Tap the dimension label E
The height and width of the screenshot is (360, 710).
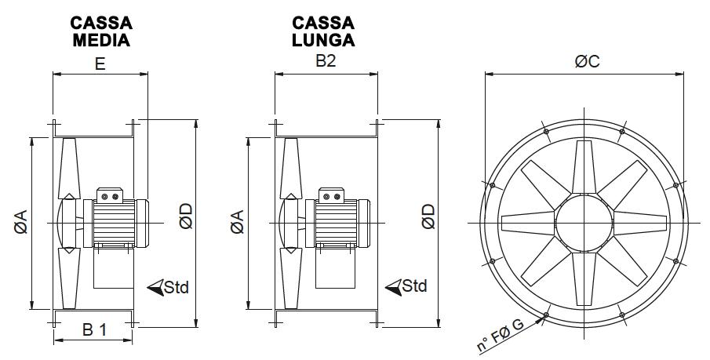point(100,64)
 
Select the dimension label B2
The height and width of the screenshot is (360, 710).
point(326,62)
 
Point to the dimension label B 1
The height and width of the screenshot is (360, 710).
point(94,330)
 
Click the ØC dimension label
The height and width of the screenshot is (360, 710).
point(586,61)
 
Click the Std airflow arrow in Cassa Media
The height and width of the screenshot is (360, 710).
point(155,287)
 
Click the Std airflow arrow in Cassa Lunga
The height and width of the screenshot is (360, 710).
point(395,286)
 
